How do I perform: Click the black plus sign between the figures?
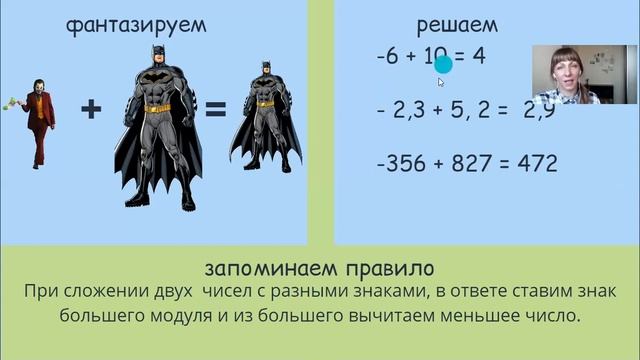(91, 109)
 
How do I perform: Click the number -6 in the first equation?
(387, 58)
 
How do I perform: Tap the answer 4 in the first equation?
(479, 57)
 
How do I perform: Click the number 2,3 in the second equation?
(411, 110)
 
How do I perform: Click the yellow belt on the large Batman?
(157, 107)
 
